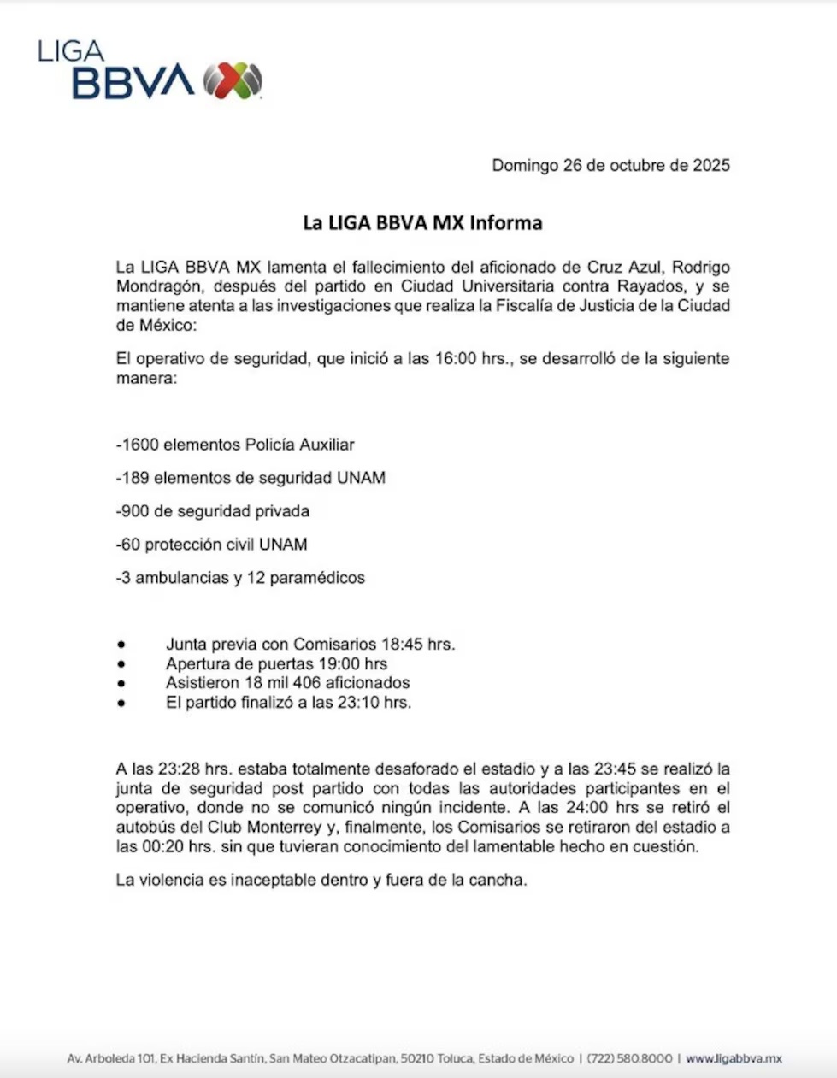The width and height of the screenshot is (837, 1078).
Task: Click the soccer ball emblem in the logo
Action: [233, 81]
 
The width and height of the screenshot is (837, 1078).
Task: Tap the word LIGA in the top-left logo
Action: [71, 51]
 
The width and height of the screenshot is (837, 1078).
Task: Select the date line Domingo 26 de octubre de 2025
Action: [610, 166]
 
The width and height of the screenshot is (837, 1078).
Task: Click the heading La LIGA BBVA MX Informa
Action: [422, 223]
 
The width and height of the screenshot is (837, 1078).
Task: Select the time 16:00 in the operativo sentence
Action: [455, 359]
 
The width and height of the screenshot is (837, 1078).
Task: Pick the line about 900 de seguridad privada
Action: [212, 511]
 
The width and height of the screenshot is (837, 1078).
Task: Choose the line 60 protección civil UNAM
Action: [211, 545]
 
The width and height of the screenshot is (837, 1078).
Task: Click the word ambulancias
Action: [181, 578]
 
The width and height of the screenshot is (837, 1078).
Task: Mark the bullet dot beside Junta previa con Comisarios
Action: [122, 645]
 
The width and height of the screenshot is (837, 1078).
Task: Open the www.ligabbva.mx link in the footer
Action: [734, 1059]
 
